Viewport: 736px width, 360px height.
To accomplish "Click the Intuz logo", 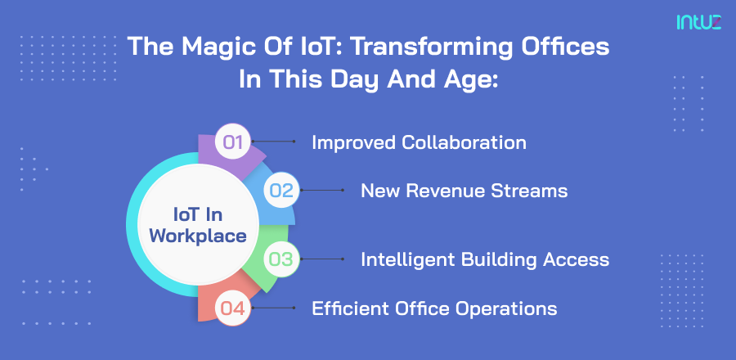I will point(698,22).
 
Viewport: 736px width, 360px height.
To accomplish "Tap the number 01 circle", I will point(234,142).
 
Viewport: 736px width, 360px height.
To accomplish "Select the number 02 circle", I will point(281,191).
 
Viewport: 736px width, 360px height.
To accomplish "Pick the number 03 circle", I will point(281,259).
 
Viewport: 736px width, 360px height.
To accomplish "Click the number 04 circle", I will point(234,308).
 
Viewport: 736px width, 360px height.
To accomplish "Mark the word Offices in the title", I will point(568,47).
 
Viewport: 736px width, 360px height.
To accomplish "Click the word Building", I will point(497,259).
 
